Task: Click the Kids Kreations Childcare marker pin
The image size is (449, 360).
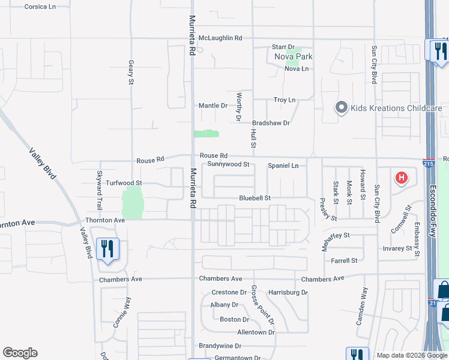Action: [342, 108]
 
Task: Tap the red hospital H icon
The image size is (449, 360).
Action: [400, 178]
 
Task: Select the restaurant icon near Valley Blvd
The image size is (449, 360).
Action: [107, 249]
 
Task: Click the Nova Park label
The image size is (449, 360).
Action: [294, 57]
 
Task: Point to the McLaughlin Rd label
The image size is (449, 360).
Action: [220, 38]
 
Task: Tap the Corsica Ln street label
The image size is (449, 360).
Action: [40, 7]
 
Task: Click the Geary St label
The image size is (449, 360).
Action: [131, 72]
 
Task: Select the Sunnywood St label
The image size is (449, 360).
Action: [228, 164]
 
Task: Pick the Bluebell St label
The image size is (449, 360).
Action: [255, 197]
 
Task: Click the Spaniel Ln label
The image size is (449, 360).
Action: [283, 166]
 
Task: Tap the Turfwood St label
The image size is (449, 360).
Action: [123, 182]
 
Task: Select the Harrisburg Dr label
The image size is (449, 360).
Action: [288, 292]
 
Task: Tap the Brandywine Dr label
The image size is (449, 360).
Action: [220, 346]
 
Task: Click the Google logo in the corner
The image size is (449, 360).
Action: [20, 353]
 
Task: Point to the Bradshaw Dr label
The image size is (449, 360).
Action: [271, 123]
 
